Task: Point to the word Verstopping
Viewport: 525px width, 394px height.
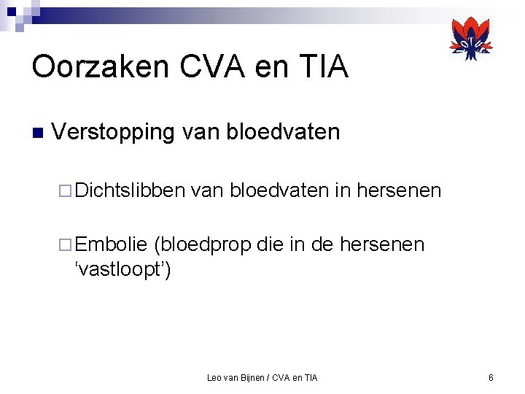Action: click(x=114, y=132)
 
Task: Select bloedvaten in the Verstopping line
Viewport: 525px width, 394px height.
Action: click(x=284, y=132)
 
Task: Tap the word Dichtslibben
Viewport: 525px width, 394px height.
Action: click(x=130, y=190)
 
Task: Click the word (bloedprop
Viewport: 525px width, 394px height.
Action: click(x=202, y=244)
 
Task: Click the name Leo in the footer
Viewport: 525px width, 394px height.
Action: click(x=215, y=377)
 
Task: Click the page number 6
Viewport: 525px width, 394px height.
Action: click(x=491, y=377)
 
